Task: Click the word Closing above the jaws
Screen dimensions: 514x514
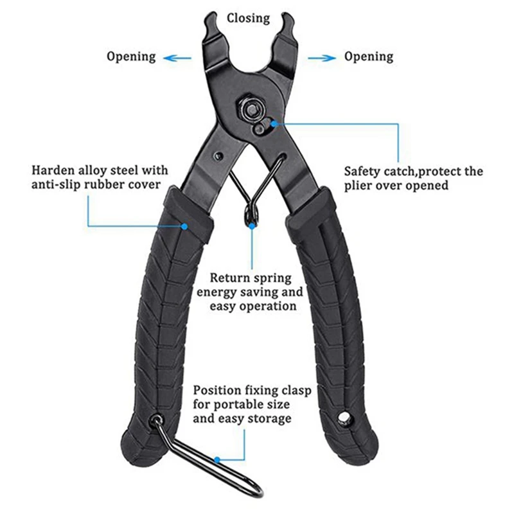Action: tap(248, 18)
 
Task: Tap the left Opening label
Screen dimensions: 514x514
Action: tap(131, 57)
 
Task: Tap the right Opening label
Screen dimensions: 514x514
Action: tap(368, 57)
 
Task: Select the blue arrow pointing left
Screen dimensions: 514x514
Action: tap(177, 57)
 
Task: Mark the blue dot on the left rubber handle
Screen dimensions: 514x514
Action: tap(184, 226)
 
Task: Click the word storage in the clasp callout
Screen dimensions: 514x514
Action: tap(270, 419)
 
